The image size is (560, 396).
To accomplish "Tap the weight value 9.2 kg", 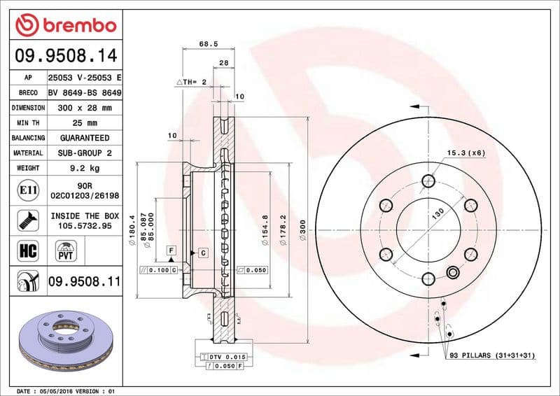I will coord(85,168).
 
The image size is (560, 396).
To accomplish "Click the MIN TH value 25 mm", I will coord(85,123).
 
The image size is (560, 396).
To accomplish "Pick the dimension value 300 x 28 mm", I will coord(85,108).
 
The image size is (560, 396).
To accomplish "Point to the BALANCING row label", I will coord(29,138).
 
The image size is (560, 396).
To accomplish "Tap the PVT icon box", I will coord(66,250).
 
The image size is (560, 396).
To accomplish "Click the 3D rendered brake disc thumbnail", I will coord(66,339).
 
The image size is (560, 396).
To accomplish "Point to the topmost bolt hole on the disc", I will coord(428,181).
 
